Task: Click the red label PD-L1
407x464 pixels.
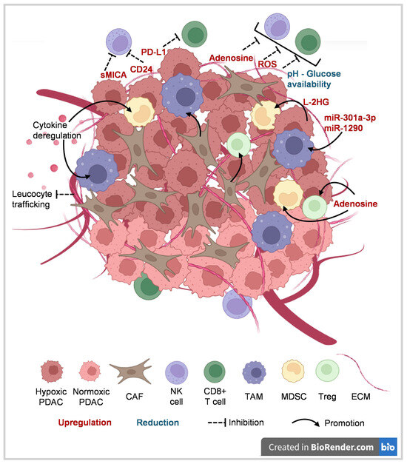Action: [153, 52]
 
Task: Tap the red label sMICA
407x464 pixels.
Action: [113, 75]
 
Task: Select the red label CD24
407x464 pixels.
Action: [141, 70]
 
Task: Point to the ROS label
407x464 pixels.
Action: [267, 64]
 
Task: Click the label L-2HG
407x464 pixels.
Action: [316, 102]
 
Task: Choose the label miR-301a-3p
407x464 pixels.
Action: [350, 118]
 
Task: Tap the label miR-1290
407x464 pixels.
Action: [343, 128]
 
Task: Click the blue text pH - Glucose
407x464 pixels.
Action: [314, 74]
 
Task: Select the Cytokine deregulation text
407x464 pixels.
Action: [56, 130]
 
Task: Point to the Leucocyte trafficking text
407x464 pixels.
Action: [32, 199]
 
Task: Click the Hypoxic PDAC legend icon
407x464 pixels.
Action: [52, 371]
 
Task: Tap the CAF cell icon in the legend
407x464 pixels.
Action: [130, 371]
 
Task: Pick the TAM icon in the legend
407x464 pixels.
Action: [254, 372]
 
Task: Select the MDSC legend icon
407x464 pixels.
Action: [293, 371]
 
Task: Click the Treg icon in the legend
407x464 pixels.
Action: [327, 371]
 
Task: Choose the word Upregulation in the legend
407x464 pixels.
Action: [84, 423]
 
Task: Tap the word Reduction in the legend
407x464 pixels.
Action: [158, 423]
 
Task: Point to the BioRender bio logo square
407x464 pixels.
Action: [388, 447]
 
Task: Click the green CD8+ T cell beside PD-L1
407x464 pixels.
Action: [194, 34]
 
